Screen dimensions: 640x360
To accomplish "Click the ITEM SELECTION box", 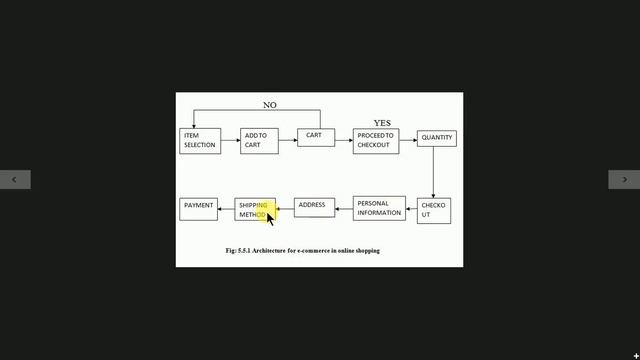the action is click(x=200, y=141).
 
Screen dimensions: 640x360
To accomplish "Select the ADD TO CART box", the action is click(x=259, y=141).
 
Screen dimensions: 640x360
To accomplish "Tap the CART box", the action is click(x=316, y=138).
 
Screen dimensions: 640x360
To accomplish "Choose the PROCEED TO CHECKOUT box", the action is click(x=376, y=141).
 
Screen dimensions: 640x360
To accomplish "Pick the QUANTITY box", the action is click(x=437, y=138).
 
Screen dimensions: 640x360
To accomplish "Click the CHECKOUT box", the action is click(x=434, y=211).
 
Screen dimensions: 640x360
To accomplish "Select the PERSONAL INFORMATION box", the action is click(x=379, y=209).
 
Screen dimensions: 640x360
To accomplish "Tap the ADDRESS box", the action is click(x=314, y=208).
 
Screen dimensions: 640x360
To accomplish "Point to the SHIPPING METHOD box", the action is click(x=255, y=209).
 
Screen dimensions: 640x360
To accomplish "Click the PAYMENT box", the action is click(x=198, y=209).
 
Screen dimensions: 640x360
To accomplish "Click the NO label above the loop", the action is click(x=270, y=105).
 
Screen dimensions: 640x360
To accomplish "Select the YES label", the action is click(x=382, y=123).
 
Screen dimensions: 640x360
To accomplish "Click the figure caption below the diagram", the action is click(x=302, y=251).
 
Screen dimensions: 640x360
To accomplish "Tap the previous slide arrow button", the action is click(x=15, y=180).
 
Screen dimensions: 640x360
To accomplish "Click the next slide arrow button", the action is click(x=624, y=180).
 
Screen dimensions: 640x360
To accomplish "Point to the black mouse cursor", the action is click(x=270, y=219).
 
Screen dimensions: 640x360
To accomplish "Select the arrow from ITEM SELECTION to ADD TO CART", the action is click(x=231, y=140).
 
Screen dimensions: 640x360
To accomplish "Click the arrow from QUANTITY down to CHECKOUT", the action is click(x=433, y=172).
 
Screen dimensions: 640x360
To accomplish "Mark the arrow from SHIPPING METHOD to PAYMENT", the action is click(x=226, y=209).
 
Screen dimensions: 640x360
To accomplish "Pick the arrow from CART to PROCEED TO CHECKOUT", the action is click(x=344, y=140).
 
